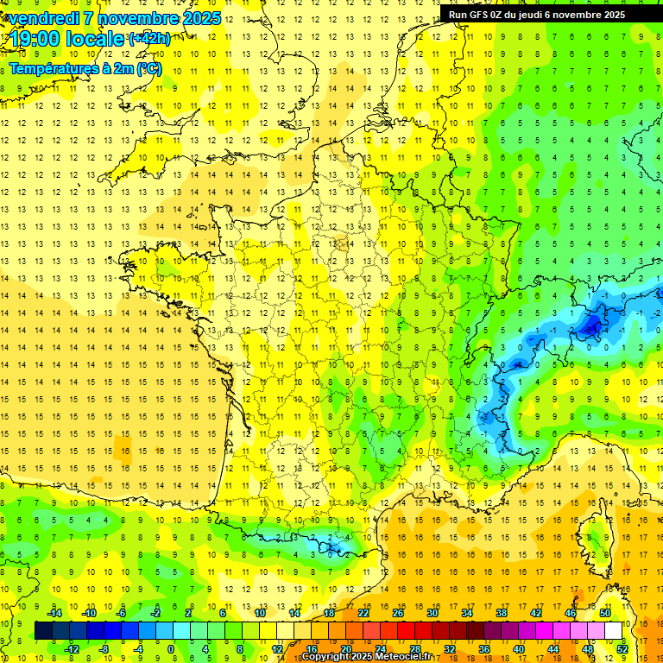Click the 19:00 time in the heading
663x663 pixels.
(36, 39)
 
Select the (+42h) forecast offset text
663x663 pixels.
(149, 39)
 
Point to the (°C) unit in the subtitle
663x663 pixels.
(148, 68)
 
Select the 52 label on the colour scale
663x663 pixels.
(622, 648)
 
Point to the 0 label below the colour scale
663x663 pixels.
(171, 648)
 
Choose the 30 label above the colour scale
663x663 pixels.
(432, 613)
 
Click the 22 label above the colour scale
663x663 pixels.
(363, 613)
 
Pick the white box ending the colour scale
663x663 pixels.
(614, 630)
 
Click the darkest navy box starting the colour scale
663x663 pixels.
(44, 630)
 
